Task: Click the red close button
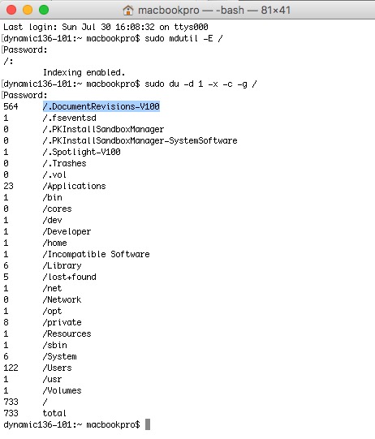[11, 10]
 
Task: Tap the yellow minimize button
[28, 10]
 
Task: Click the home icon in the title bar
[128, 11]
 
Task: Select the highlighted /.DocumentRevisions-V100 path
[101, 106]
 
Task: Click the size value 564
[11, 106]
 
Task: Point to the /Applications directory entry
[74, 186]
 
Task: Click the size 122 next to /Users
[11, 368]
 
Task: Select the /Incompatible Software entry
[96, 254]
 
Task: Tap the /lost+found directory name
[70, 277]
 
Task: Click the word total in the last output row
[54, 413]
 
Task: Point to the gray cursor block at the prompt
[148, 424]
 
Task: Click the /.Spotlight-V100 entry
[81, 152]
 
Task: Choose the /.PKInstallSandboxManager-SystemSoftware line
[140, 140]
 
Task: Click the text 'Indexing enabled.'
[84, 72]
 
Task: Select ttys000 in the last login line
[191, 27]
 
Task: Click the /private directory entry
[62, 322]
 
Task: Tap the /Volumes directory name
[62, 390]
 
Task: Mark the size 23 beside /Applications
[8, 186]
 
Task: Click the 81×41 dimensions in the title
[276, 11]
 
